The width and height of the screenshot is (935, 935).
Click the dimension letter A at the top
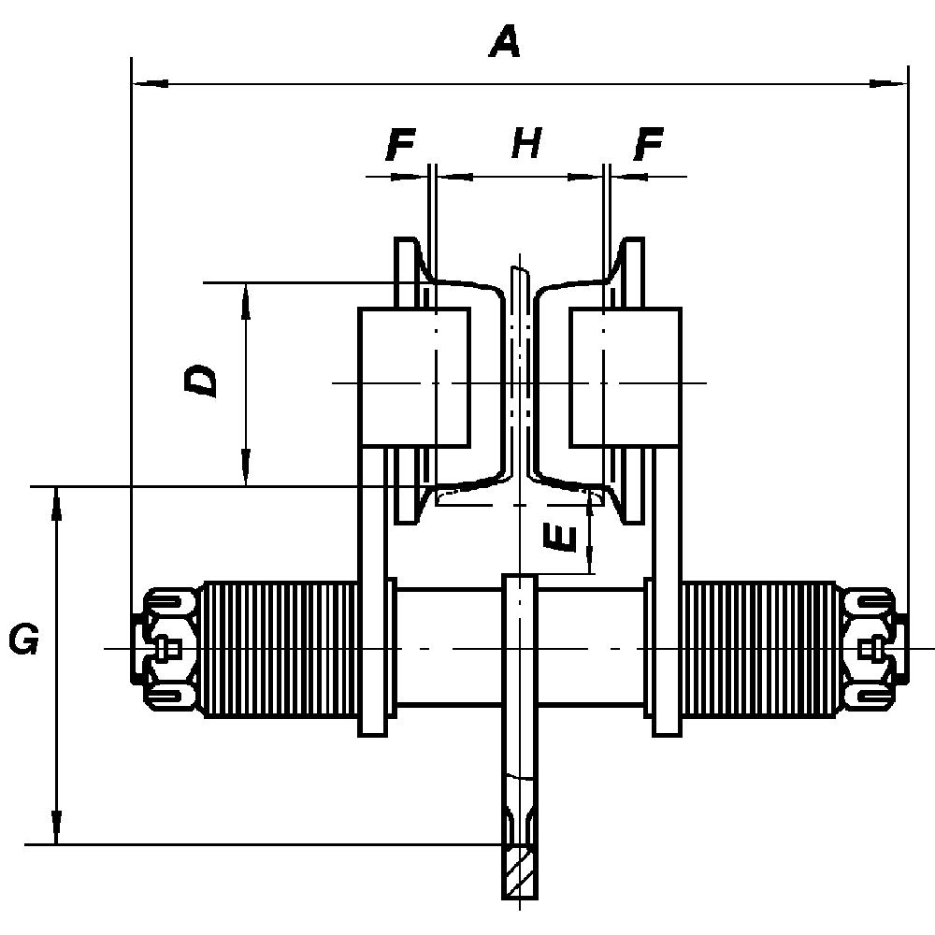(x=504, y=42)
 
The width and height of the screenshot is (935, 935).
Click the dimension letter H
(x=525, y=144)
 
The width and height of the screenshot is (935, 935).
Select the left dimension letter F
(x=400, y=146)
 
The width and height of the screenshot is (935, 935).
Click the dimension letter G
(x=23, y=640)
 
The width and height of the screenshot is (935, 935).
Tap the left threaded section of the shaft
(x=280, y=649)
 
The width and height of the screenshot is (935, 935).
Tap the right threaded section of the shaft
(x=759, y=649)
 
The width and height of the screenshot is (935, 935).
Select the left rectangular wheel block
(x=414, y=377)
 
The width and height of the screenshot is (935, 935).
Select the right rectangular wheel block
(x=625, y=377)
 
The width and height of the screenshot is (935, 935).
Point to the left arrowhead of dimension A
(x=150, y=84)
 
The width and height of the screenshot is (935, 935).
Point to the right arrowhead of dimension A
(x=889, y=84)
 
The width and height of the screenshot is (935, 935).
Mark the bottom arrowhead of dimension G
(x=57, y=828)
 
